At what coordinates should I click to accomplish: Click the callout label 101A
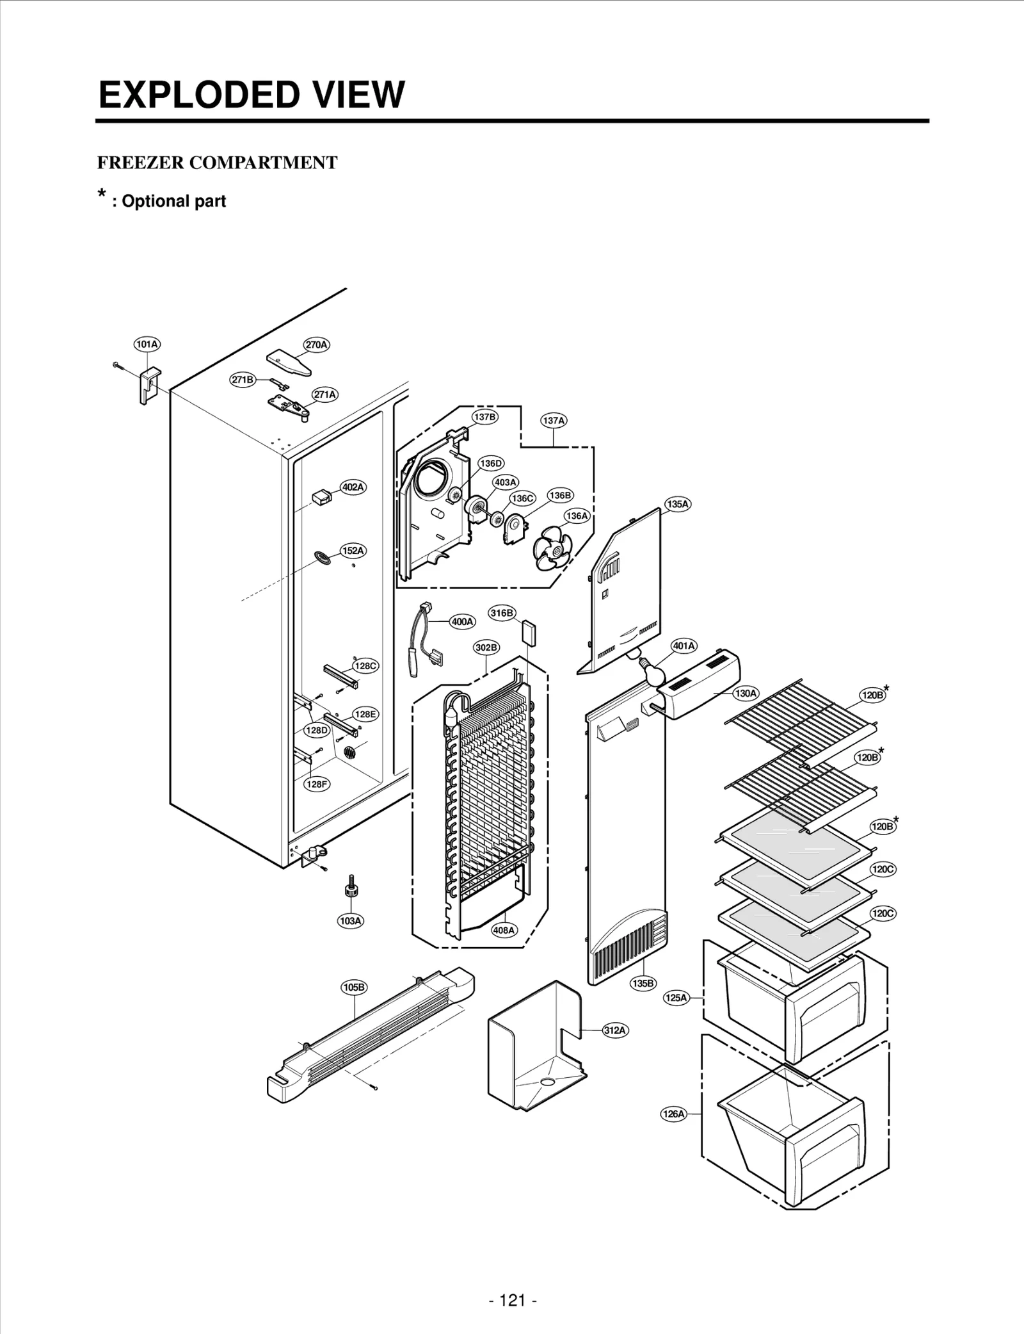tap(147, 344)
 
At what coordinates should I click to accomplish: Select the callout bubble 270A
tap(316, 345)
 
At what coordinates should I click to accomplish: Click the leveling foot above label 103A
tap(351, 888)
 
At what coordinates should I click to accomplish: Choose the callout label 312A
tap(614, 1030)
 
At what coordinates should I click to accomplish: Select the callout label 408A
tap(504, 931)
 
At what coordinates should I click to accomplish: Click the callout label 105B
tap(353, 987)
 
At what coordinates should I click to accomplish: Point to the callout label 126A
tap(673, 1114)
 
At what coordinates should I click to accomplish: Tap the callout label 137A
tap(554, 421)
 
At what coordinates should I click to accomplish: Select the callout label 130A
tap(746, 693)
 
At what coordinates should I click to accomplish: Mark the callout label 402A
tap(353, 487)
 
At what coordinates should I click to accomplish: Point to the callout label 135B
tap(643, 983)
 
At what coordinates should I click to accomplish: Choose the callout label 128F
tap(317, 784)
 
